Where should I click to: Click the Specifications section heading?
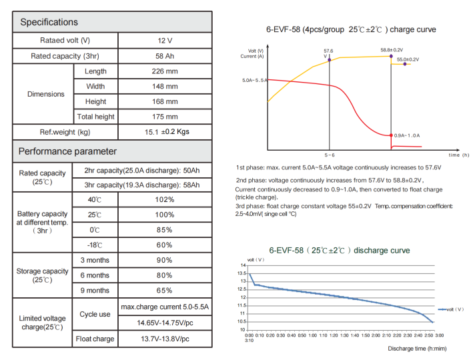[49, 22]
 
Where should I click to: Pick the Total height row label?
[95, 117]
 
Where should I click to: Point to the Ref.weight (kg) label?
[65, 132]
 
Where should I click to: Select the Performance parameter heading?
[67, 151]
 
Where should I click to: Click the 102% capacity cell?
[165, 200]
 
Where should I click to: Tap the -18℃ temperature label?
[95, 245]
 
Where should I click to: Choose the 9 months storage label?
[95, 290]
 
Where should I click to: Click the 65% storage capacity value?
[165, 290]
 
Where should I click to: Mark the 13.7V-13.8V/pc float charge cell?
[165, 339]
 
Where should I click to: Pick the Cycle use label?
[95, 315]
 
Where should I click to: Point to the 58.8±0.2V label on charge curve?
[392, 50]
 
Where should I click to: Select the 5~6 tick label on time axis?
[330, 154]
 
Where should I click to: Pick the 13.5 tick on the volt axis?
[242, 273]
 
